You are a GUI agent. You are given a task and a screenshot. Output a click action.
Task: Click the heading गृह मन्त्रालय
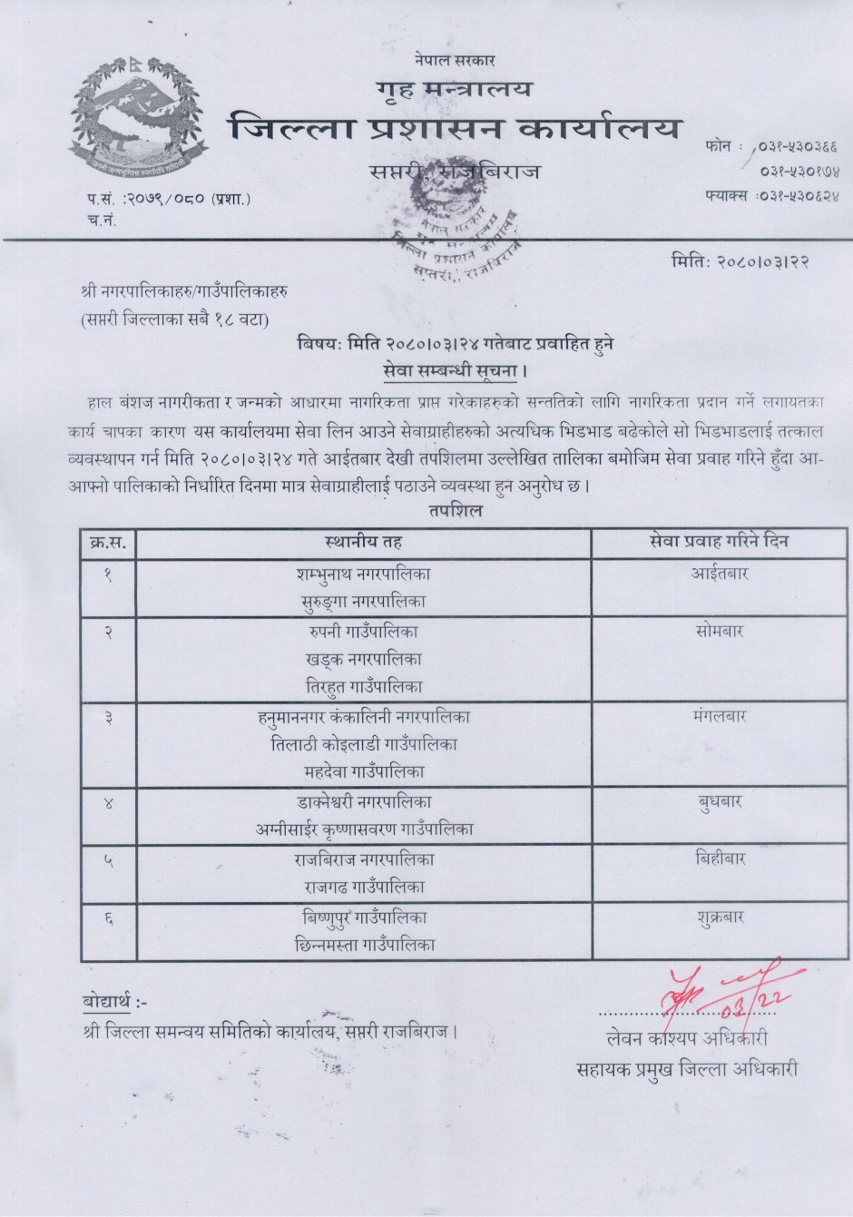454,89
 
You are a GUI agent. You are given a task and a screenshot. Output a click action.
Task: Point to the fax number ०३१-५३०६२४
771,194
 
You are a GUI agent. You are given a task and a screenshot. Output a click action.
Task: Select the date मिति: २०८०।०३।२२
740,261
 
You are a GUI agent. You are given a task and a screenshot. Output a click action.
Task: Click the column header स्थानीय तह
363,542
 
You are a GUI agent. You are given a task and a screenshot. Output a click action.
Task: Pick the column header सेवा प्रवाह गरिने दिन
720,542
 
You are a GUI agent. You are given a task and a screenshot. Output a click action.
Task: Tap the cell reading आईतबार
720,574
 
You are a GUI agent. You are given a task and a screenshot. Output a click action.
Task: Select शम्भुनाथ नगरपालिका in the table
363,574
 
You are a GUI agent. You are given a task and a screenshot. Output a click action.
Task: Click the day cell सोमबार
720,631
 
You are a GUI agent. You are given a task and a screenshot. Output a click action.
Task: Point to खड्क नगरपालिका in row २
363,659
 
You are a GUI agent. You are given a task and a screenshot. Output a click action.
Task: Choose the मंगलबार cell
720,716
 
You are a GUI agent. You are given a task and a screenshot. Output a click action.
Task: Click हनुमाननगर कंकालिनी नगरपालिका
363,716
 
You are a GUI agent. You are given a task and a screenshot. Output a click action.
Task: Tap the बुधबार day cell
720,801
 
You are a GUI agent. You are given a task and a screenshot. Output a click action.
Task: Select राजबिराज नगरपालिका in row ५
363,859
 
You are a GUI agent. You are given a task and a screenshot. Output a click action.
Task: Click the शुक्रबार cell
720,917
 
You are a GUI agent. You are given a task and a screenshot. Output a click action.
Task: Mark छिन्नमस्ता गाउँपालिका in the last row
363,945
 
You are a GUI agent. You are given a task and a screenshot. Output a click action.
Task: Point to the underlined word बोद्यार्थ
107,1002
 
